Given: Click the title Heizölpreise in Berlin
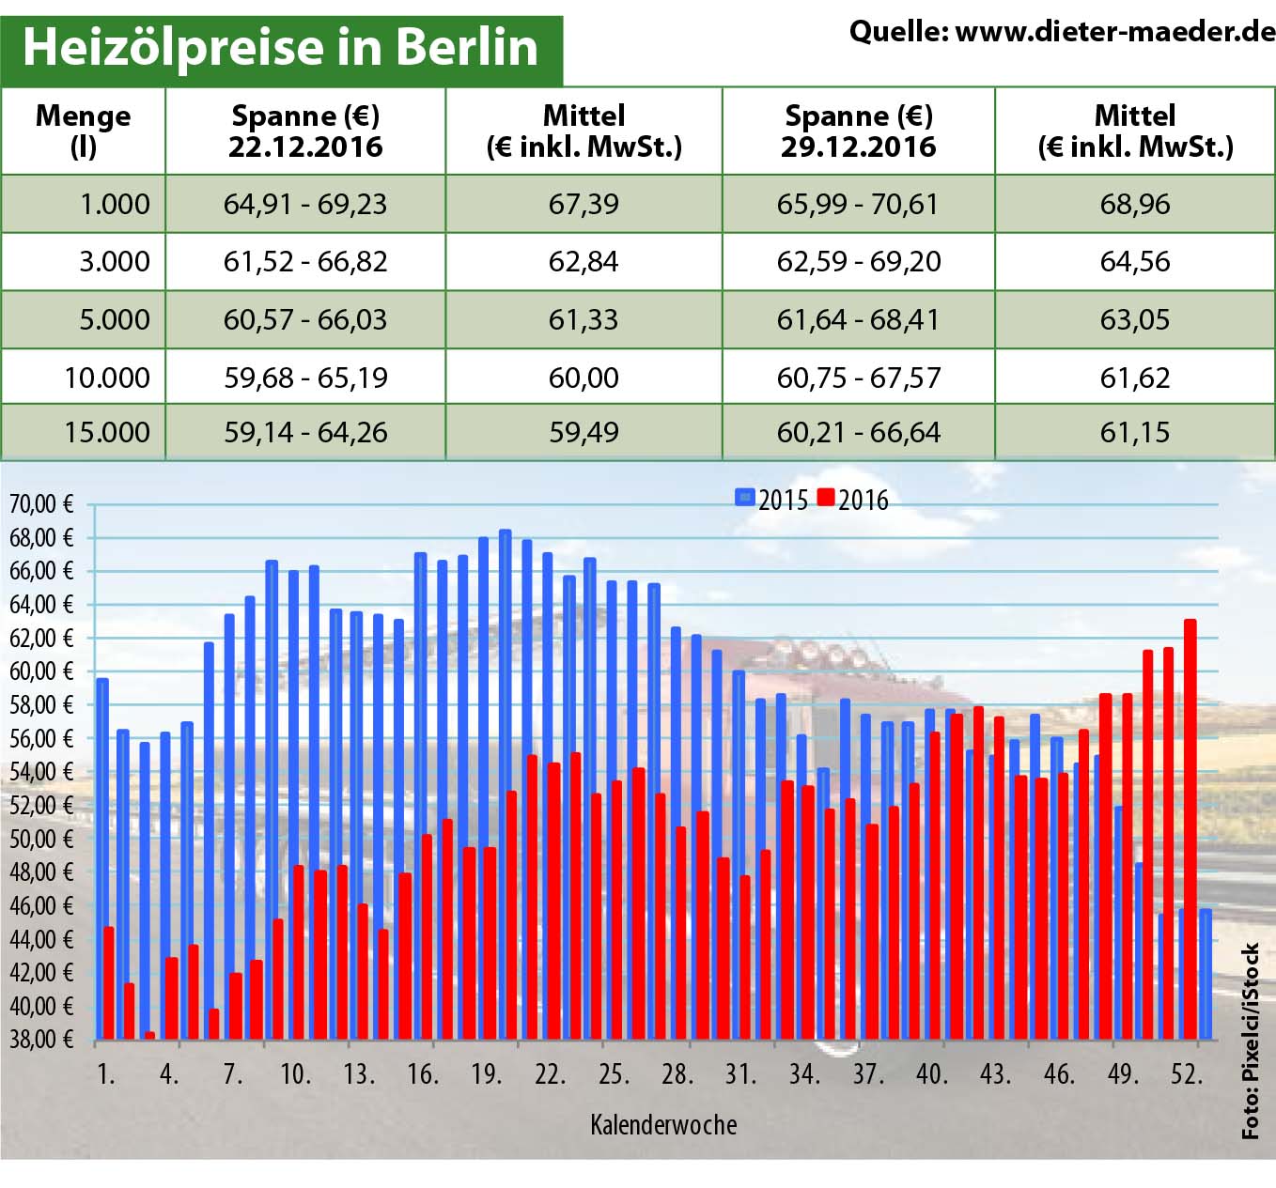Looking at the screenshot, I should pos(280,47).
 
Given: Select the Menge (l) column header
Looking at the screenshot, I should pos(83,131).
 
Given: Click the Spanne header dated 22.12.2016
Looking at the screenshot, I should pos(305,131).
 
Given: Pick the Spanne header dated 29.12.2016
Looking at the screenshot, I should pos(858,131).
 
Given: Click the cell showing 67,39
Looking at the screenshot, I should pos(584,204).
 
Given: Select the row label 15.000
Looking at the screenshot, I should pos(107,432).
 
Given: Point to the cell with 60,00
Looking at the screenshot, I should pos(584,378).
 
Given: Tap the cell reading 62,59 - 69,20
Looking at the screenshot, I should pos(858,261).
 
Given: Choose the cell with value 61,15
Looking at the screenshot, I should pos(1135,432).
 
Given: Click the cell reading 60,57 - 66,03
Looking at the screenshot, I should pos(305,319).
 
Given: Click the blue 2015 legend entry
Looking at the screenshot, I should pos(771,500).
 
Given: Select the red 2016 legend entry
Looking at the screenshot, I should pos(852,500).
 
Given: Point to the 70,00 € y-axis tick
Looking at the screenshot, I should pos(41,504).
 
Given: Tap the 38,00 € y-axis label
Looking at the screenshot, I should pos(41,1039).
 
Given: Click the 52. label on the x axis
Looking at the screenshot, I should pos(1187,1073).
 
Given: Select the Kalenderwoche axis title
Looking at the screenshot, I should pos(663,1124).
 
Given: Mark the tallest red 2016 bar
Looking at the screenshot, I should pos(1190,826).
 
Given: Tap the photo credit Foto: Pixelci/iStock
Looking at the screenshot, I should pos(1251,1041).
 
